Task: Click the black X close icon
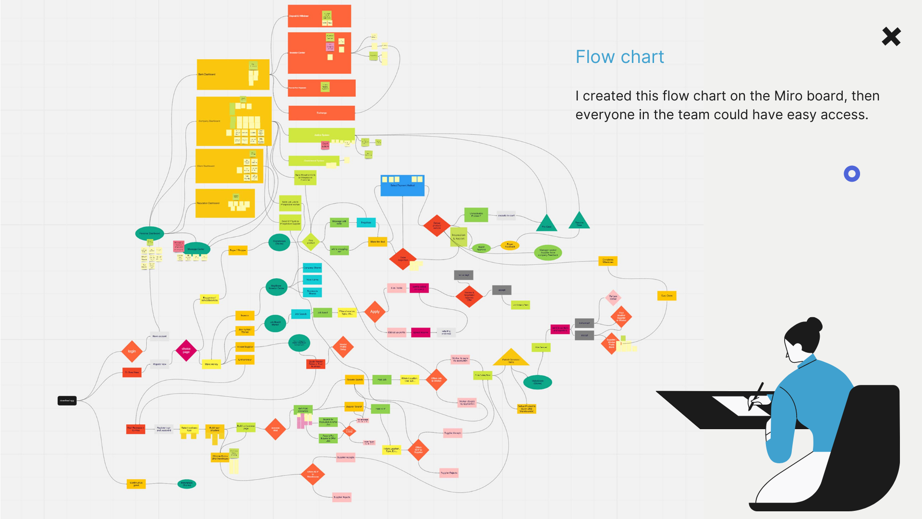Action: click(x=891, y=37)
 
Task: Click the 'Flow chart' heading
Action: click(x=619, y=57)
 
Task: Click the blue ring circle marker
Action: click(x=852, y=174)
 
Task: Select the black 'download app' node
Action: click(x=67, y=400)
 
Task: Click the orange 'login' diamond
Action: click(x=132, y=351)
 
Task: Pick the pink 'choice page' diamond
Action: click(x=186, y=350)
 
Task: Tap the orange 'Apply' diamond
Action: click(x=375, y=312)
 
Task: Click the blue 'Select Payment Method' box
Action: click(x=402, y=185)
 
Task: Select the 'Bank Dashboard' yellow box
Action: click(x=233, y=74)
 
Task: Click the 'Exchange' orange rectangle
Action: click(x=322, y=113)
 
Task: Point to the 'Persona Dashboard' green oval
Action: click(x=150, y=234)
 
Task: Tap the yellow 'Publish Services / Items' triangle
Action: click(x=511, y=358)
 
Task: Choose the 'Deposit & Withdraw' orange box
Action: click(x=319, y=16)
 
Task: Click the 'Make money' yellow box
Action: click(x=211, y=364)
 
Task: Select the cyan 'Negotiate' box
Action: click(x=366, y=222)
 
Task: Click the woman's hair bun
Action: click(x=814, y=324)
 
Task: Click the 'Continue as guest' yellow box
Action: click(x=136, y=484)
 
